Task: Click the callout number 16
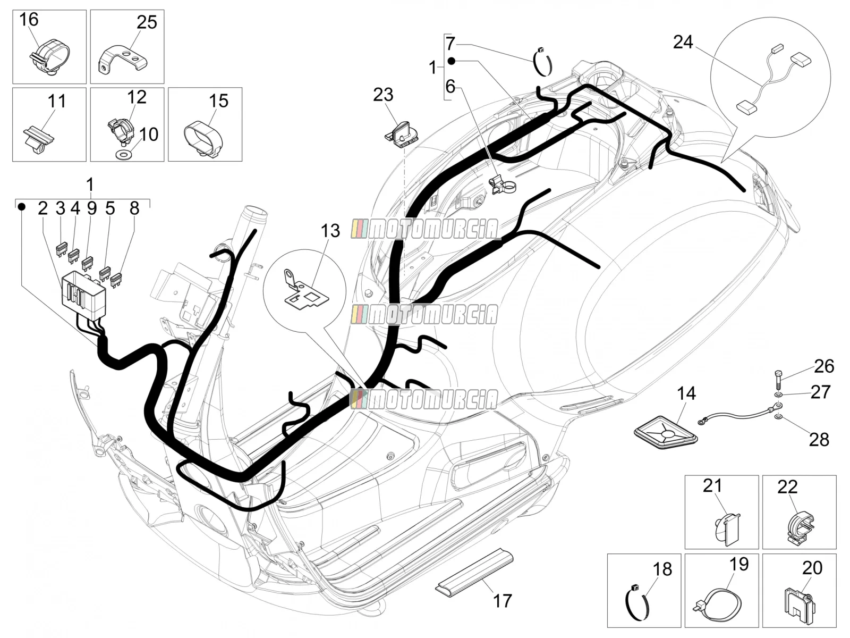click(29, 19)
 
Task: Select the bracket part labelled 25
click(124, 58)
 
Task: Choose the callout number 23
click(383, 95)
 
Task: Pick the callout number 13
click(330, 231)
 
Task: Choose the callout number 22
click(787, 488)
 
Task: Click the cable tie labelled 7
click(543, 62)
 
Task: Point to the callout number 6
click(450, 86)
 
